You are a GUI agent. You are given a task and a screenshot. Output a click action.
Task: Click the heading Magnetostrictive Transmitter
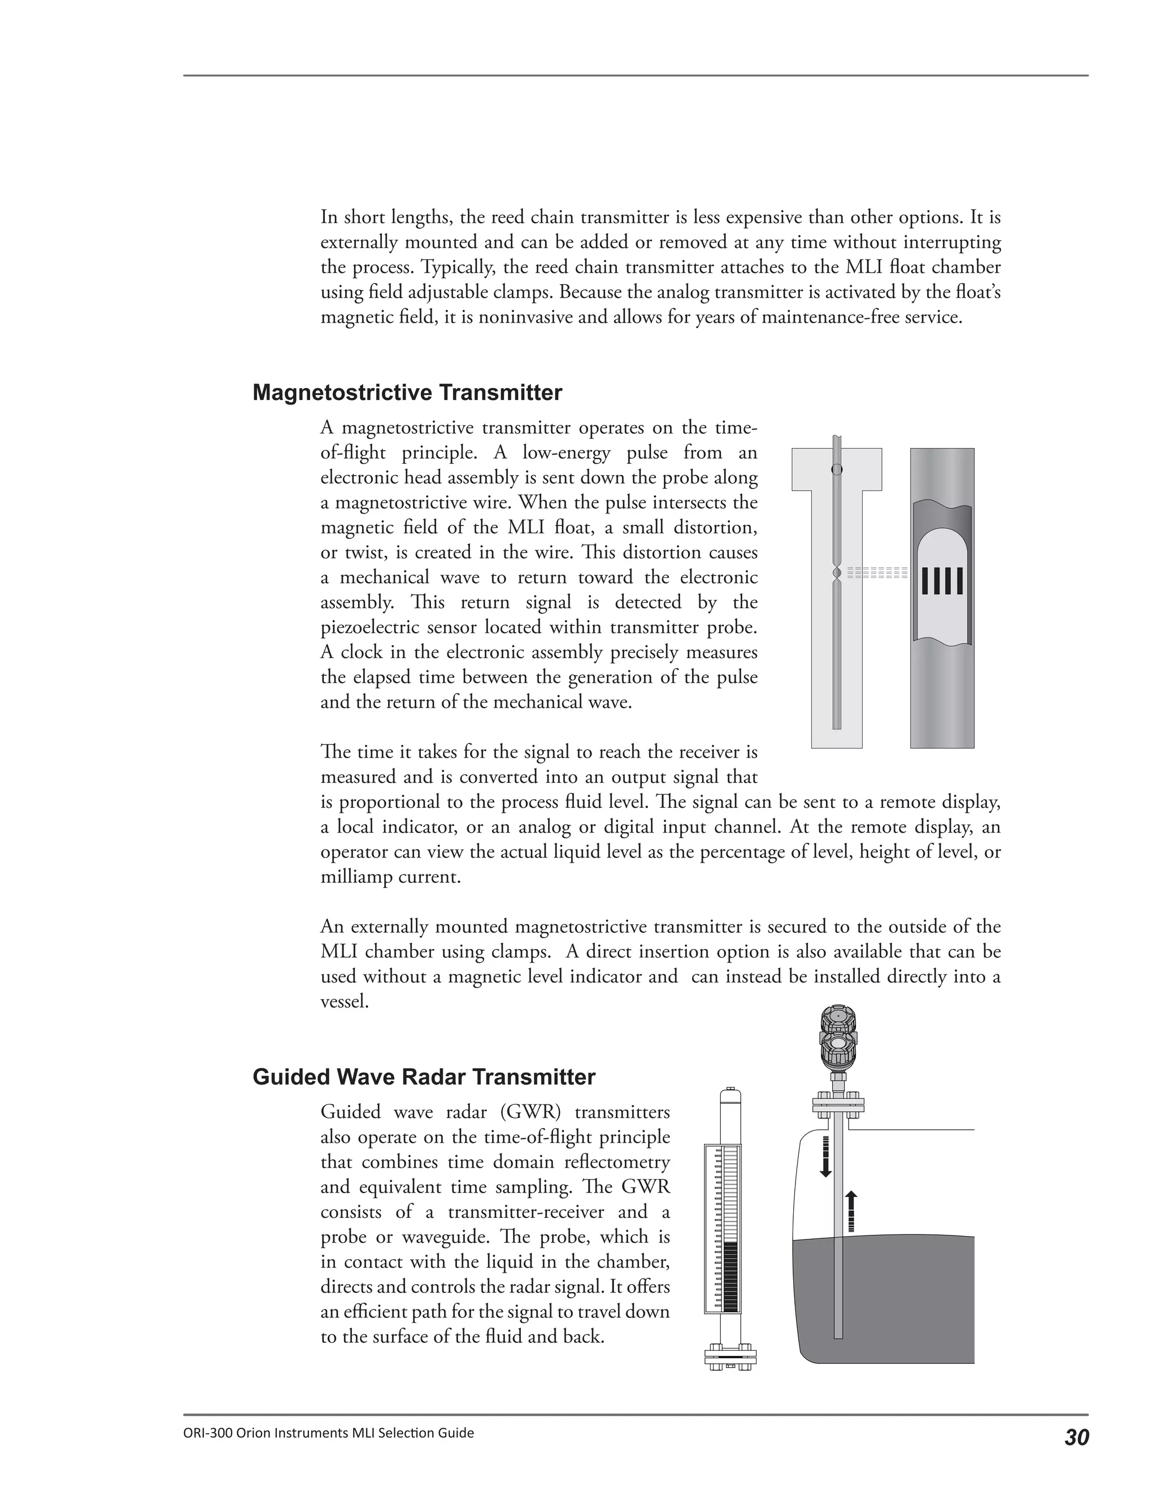(407, 393)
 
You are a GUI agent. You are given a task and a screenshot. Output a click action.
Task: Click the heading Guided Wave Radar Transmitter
(424, 1077)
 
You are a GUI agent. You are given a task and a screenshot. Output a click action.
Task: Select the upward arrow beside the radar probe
(851, 1212)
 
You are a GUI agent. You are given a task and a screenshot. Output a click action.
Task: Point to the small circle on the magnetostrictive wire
(836, 470)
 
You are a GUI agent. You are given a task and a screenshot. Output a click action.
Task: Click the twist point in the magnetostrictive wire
(836, 572)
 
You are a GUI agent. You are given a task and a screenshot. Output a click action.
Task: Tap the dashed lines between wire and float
(877, 573)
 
